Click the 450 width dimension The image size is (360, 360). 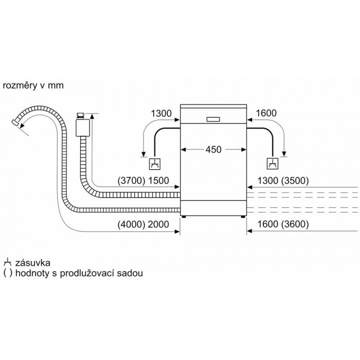[213, 150]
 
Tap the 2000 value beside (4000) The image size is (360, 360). [158, 224]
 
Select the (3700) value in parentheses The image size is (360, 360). [131, 181]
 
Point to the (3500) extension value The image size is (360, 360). [295, 181]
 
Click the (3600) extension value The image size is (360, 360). [295, 224]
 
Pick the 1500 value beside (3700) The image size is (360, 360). [158, 181]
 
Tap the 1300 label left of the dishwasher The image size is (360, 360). [161, 114]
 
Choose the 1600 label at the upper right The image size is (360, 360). [266, 113]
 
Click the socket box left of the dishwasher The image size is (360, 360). [155, 164]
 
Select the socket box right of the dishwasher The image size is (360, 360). [273, 164]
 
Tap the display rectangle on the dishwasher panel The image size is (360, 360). [213, 120]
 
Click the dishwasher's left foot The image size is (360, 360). [184, 217]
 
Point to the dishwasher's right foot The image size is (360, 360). [243, 217]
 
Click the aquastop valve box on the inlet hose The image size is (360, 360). [82, 128]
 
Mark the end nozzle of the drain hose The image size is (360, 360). [15, 122]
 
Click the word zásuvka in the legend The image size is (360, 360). [32, 263]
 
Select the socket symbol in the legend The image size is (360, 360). [8, 262]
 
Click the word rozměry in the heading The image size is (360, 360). [20, 86]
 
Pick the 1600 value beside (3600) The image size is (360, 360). [268, 224]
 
